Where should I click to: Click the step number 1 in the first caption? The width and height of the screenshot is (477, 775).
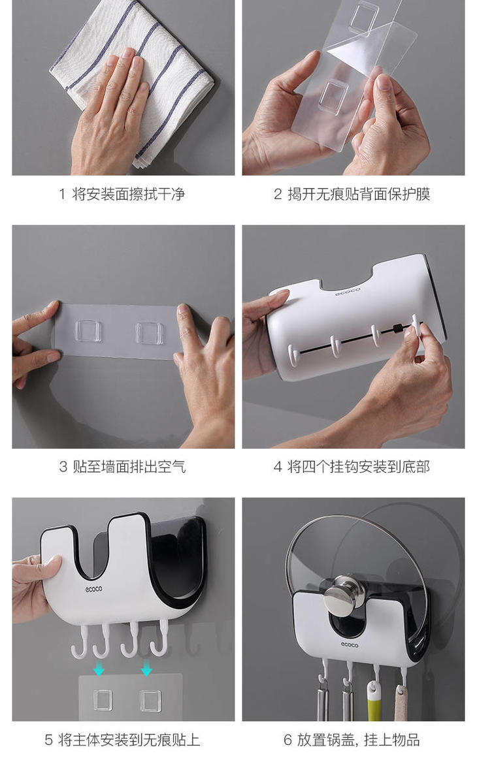tap(62, 195)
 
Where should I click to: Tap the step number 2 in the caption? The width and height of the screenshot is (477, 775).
tap(278, 195)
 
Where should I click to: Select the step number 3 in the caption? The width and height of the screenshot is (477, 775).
tap(63, 467)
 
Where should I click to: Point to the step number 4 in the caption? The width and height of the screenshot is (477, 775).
tap(278, 467)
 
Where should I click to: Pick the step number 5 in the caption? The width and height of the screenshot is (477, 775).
tap(48, 740)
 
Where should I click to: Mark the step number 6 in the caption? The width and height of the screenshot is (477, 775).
tap(288, 740)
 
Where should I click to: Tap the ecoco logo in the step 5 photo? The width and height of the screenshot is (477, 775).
tap(93, 589)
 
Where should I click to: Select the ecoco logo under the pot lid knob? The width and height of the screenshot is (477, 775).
tap(350, 645)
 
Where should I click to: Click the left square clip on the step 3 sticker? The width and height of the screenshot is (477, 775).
tap(89, 330)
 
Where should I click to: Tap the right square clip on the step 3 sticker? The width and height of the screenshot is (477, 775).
tap(150, 332)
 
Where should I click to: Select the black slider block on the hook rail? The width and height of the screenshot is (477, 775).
tap(397, 328)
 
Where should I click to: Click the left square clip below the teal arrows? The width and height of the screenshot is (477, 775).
tap(103, 700)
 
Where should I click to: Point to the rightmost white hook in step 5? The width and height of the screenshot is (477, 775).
tap(160, 639)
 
